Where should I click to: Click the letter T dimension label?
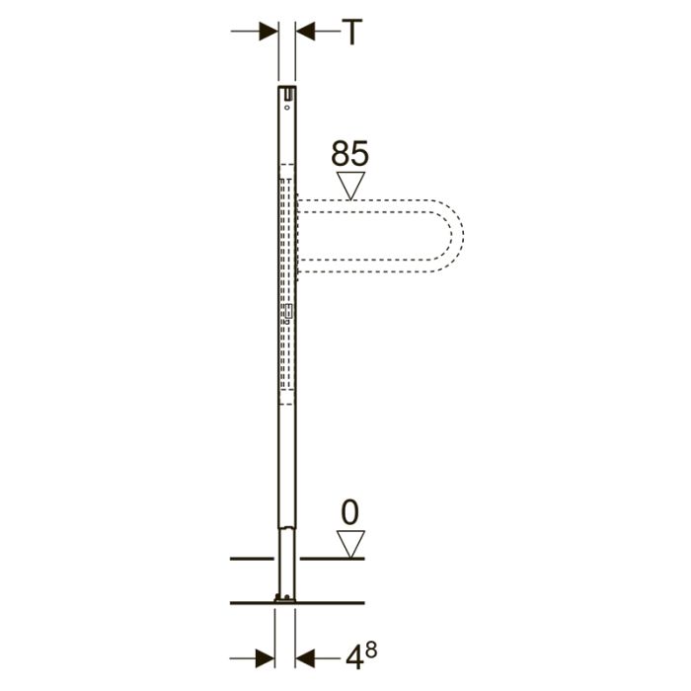(352, 32)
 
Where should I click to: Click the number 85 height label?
(349, 153)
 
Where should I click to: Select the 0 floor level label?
(350, 512)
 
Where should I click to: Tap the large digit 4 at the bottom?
(354, 658)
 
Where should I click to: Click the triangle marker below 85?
(350, 186)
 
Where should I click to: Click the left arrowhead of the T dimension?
(269, 32)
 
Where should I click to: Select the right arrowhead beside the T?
(305, 32)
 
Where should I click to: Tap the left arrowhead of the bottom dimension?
(265, 658)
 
